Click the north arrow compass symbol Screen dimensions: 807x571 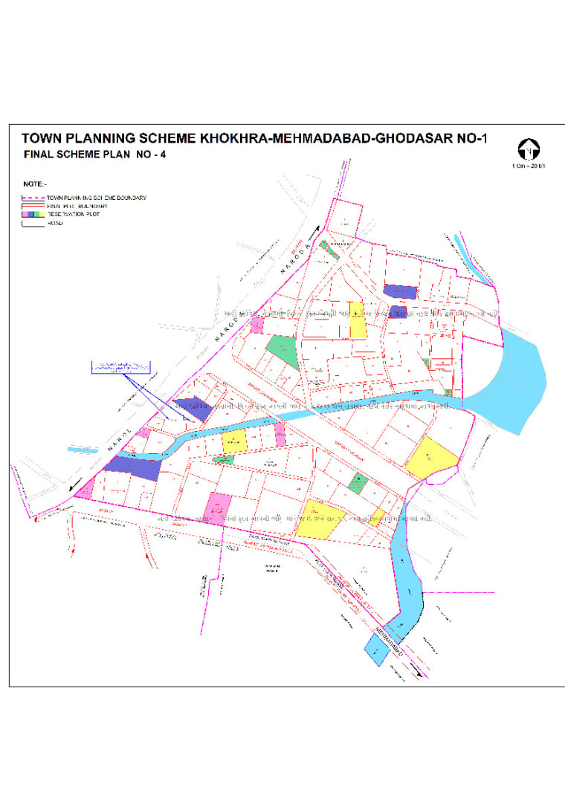tap(527, 149)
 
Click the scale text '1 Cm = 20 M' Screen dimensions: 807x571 tap(527, 165)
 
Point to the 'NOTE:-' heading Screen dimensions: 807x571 tap(34, 183)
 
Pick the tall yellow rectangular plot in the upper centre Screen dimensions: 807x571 tap(358, 320)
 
